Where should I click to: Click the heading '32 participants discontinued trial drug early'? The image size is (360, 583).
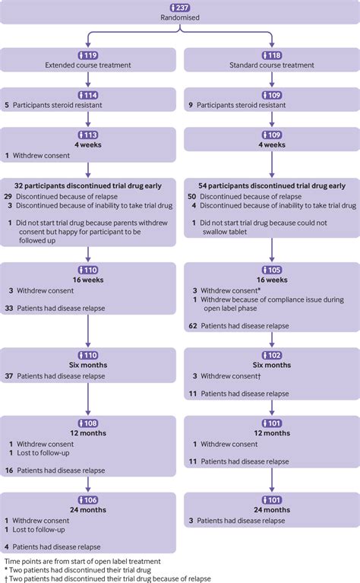90,185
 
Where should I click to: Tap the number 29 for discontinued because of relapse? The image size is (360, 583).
8,196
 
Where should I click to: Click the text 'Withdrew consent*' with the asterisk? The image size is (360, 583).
227,292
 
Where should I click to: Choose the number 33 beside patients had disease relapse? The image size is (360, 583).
8,308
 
